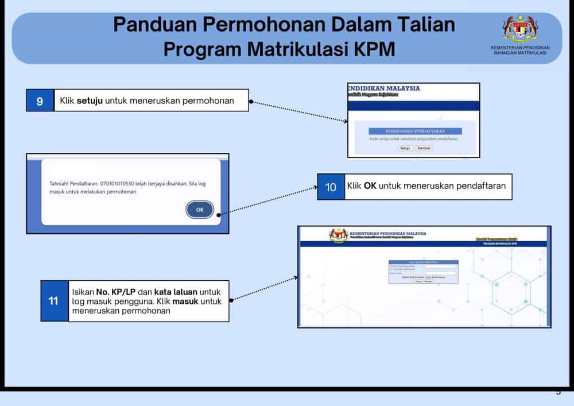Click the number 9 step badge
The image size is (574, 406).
coord(40,101)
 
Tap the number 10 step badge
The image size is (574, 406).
coord(331,187)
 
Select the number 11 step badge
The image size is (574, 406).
coord(53,301)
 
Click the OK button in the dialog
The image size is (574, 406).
coord(200,210)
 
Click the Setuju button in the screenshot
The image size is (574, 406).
coord(406,148)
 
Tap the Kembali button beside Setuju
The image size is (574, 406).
coord(424,148)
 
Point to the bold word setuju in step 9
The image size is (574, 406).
coord(90,101)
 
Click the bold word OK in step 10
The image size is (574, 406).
coord(370,186)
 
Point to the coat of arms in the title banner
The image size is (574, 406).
coord(520,28)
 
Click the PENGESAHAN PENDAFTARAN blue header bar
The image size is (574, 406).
coord(415,131)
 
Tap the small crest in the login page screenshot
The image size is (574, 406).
coord(339,235)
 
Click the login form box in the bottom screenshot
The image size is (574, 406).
coord(423,272)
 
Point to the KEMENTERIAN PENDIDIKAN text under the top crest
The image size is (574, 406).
coord(520,48)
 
